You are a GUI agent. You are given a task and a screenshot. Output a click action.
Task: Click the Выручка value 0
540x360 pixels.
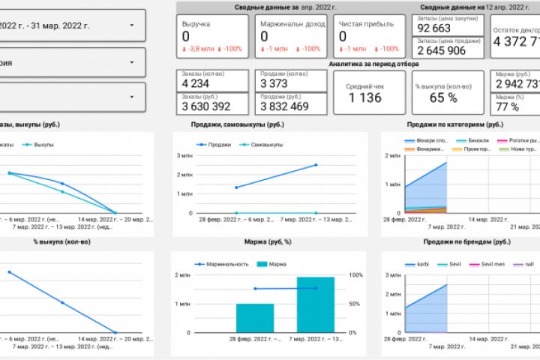click(186, 36)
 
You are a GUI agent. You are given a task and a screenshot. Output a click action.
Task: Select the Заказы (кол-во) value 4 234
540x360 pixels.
click(196, 83)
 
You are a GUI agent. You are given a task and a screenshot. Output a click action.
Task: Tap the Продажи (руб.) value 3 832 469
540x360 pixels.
click(284, 106)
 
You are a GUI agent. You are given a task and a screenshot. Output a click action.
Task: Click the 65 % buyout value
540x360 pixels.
click(443, 97)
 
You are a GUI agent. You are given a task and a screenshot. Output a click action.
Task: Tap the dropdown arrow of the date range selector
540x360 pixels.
click(132, 25)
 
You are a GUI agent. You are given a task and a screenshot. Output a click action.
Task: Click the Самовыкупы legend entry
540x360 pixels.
click(266, 144)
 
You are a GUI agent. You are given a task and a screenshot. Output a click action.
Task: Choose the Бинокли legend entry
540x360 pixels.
click(476, 140)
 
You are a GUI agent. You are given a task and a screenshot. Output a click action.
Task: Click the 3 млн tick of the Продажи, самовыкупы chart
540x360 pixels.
click(184, 155)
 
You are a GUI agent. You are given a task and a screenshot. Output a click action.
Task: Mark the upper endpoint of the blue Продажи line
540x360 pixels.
click(316, 165)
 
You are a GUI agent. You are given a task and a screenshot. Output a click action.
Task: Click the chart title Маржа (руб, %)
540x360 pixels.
click(268, 241)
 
